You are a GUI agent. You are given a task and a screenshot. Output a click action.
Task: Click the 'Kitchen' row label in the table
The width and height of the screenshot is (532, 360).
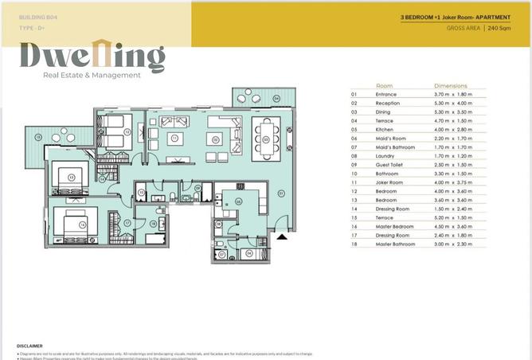pos(385,128)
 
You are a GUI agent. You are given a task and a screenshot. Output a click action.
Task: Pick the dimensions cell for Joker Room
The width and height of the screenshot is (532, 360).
pos(452,182)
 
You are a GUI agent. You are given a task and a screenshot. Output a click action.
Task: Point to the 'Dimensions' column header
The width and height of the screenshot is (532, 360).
pos(450,85)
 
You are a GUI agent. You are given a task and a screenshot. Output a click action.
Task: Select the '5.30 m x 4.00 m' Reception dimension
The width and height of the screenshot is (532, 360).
pos(452,102)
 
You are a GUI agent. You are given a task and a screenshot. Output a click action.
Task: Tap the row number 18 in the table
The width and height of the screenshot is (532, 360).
pos(354,244)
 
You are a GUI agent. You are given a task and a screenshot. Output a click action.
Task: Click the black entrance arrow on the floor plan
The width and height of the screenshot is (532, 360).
pos(281,237)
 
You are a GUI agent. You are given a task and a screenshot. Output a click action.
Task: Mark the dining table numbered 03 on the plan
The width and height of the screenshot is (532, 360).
pos(266,139)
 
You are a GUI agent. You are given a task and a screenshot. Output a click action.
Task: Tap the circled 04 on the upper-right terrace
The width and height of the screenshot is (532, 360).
pos(276,98)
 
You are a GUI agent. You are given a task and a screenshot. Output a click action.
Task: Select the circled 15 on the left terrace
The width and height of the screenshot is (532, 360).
pos(37,137)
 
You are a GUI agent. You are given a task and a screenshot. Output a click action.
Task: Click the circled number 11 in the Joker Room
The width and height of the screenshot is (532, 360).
pos(174,139)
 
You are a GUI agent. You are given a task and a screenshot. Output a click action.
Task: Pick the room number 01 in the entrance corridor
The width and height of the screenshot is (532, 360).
pos(280,193)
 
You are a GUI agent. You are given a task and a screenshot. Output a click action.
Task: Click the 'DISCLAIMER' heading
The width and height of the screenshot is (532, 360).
pos(29,346)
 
